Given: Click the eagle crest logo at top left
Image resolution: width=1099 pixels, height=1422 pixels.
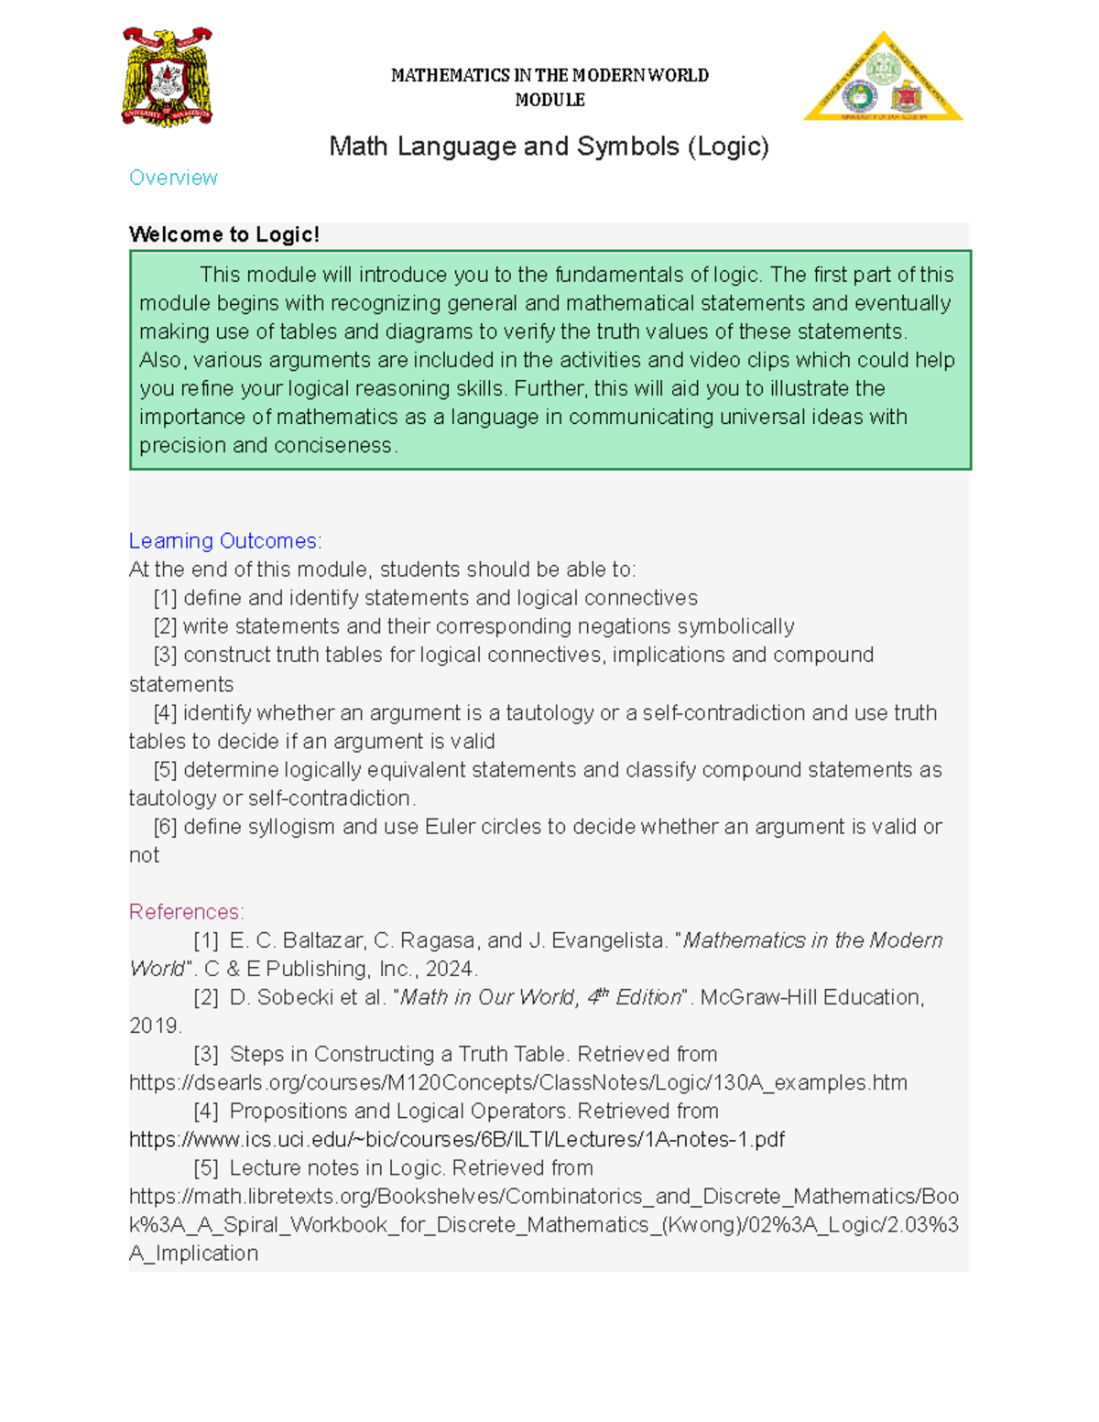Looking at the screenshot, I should pyautogui.click(x=167, y=77).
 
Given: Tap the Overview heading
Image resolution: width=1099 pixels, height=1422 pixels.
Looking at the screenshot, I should pyautogui.click(x=173, y=178).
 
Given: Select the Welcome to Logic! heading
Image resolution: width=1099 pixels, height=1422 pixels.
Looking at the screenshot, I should pyautogui.click(x=224, y=234).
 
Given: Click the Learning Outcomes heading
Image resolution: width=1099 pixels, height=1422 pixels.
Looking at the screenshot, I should pyautogui.click(x=225, y=541).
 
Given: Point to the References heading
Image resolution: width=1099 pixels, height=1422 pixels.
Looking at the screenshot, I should pyautogui.click(x=187, y=912).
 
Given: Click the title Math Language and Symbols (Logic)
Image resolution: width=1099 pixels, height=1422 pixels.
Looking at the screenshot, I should pyautogui.click(x=549, y=147).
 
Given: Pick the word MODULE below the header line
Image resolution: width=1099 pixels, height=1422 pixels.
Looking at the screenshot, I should pyautogui.click(x=549, y=100).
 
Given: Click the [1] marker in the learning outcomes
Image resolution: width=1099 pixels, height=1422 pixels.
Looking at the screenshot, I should pyautogui.click(x=165, y=599).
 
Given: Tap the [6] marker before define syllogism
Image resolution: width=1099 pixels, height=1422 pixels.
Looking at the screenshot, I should pyautogui.click(x=165, y=827).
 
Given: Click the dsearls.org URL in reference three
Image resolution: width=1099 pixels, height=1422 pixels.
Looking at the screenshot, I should pyautogui.click(x=517, y=1083).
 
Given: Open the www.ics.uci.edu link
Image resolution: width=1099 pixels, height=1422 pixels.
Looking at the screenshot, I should pyautogui.click(x=456, y=1140).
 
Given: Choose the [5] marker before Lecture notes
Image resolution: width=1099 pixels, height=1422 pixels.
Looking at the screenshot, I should pyautogui.click(x=206, y=1168).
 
